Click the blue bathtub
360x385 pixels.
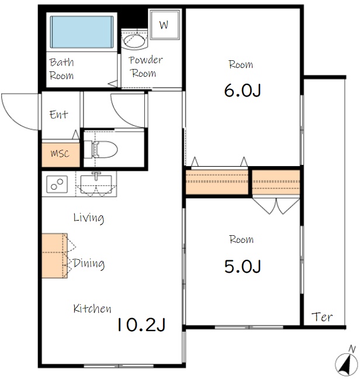pyautogui.click(x=82, y=32)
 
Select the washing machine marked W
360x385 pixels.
pyautogui.click(x=165, y=25)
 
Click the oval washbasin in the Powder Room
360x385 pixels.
pyautogui.click(x=134, y=40)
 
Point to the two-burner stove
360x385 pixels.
pyautogui.click(x=57, y=184)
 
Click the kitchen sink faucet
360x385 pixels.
pyautogui.click(x=96, y=176)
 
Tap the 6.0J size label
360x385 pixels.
pyautogui.click(x=242, y=91)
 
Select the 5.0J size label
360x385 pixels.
pyautogui.click(x=243, y=266)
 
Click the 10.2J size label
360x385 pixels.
pyautogui.click(x=141, y=325)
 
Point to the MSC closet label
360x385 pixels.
pyautogui.click(x=60, y=154)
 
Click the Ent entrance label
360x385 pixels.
pyautogui.click(x=58, y=115)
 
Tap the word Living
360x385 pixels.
pyautogui.click(x=89, y=218)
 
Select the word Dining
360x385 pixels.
pyautogui.click(x=89, y=263)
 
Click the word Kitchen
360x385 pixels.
pyautogui.click(x=92, y=308)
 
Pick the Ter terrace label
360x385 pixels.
pyautogui.click(x=322, y=317)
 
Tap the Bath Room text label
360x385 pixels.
pyautogui.click(x=61, y=69)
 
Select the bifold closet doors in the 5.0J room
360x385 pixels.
pyautogui.click(x=276, y=206)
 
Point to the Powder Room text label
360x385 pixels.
pyautogui.click(x=146, y=67)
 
